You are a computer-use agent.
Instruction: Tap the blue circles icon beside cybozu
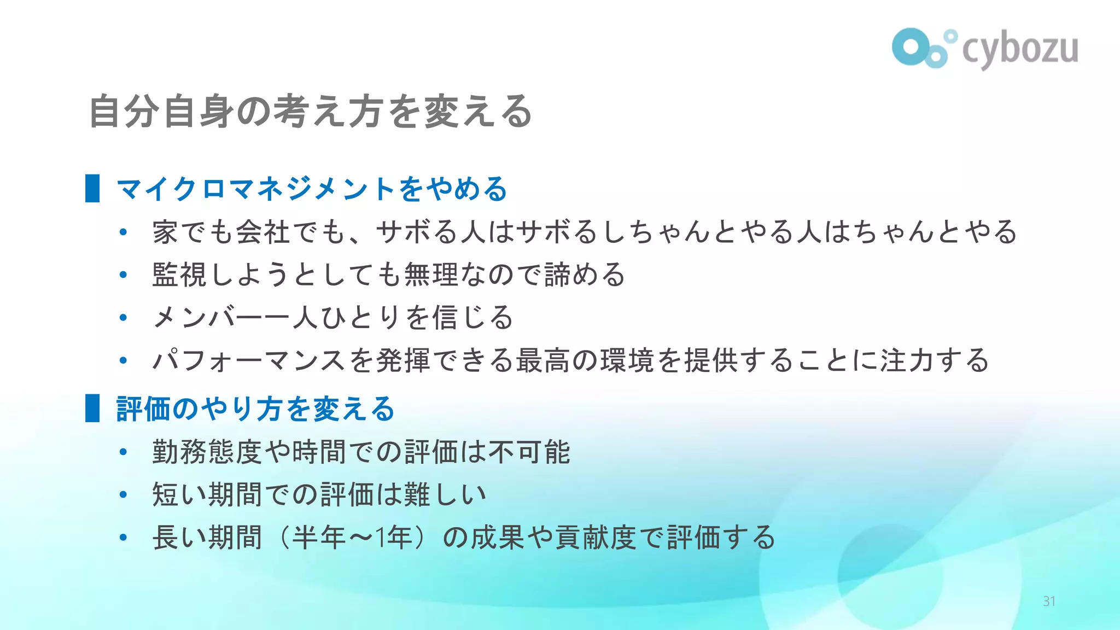(x=923, y=48)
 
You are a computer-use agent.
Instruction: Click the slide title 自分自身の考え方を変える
(x=311, y=112)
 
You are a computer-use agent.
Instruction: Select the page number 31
(x=1049, y=602)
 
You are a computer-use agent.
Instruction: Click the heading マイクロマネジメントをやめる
(x=312, y=189)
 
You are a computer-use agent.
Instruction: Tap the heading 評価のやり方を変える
(x=255, y=409)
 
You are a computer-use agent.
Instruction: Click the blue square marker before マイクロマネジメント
(x=92, y=189)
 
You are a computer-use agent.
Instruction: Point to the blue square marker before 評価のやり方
(x=92, y=408)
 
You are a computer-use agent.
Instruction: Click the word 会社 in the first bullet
(x=263, y=231)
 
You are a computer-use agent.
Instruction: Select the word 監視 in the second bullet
(x=179, y=275)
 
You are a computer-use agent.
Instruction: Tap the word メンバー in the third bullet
(x=208, y=317)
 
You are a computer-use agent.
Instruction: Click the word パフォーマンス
(x=249, y=360)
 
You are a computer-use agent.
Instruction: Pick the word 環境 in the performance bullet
(x=627, y=360)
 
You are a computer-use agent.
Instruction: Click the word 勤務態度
(x=207, y=452)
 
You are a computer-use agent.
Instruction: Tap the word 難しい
(x=445, y=494)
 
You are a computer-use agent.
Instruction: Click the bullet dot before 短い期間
(x=123, y=494)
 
